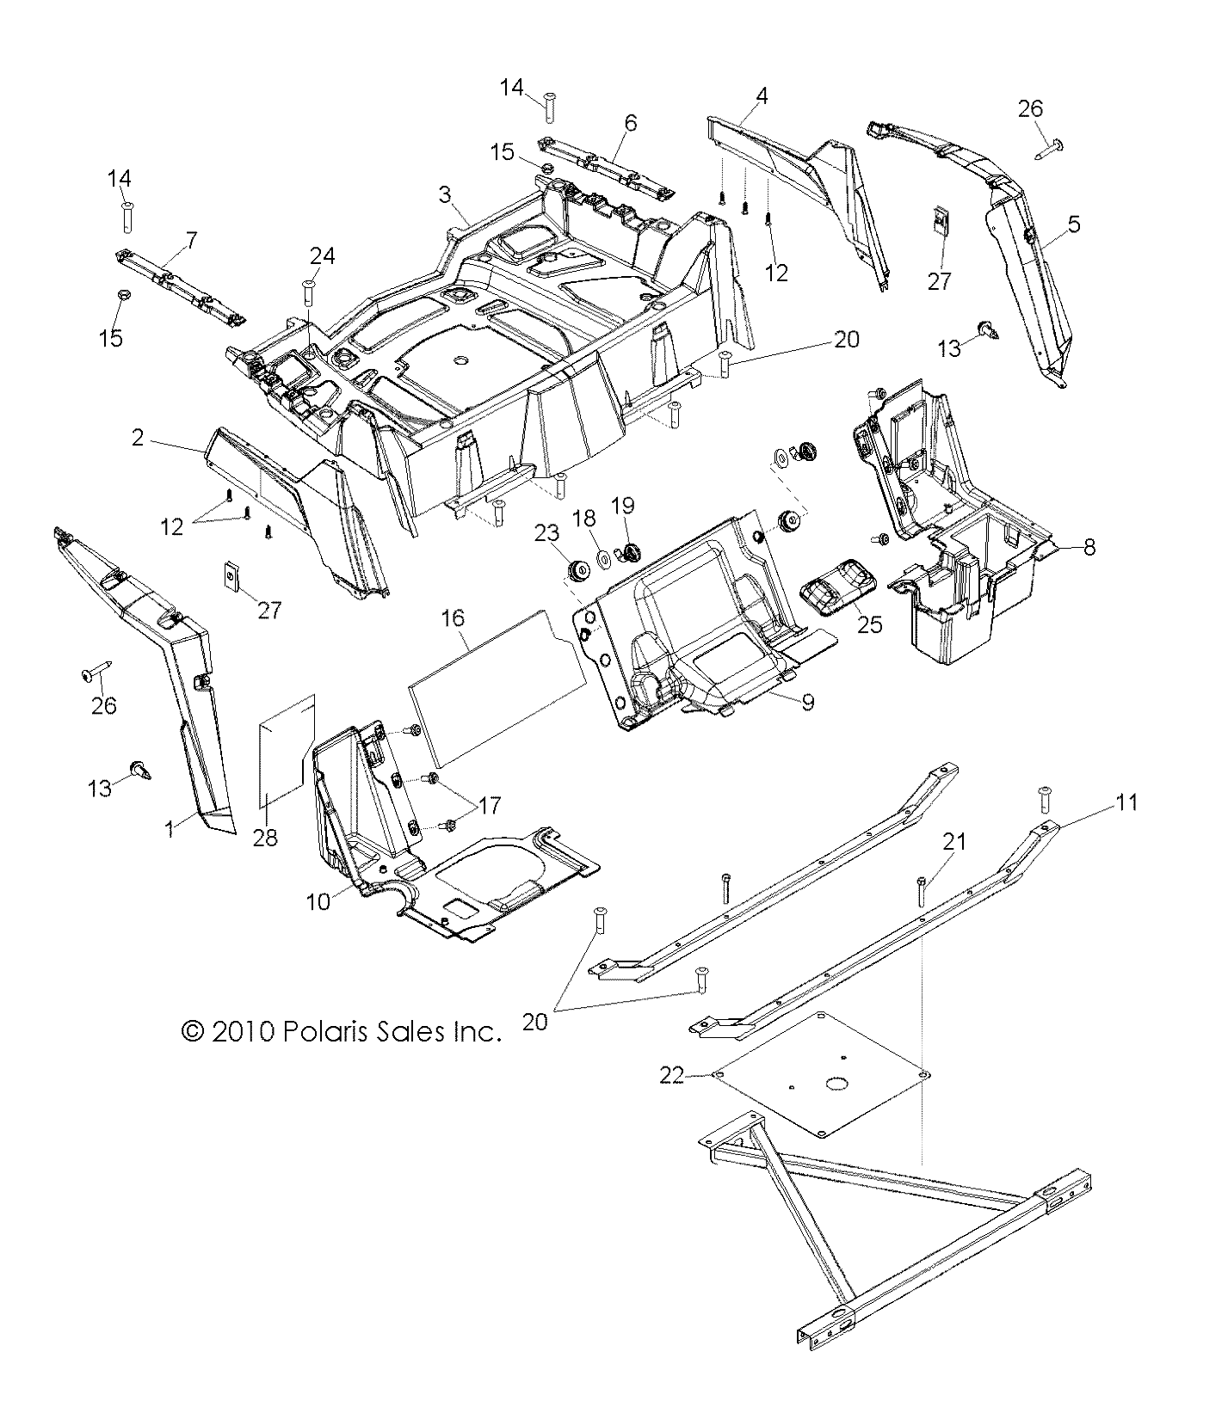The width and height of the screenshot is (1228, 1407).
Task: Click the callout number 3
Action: [445, 194]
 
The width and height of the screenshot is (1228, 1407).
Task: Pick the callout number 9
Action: [807, 702]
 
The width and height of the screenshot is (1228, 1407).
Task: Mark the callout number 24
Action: [323, 255]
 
